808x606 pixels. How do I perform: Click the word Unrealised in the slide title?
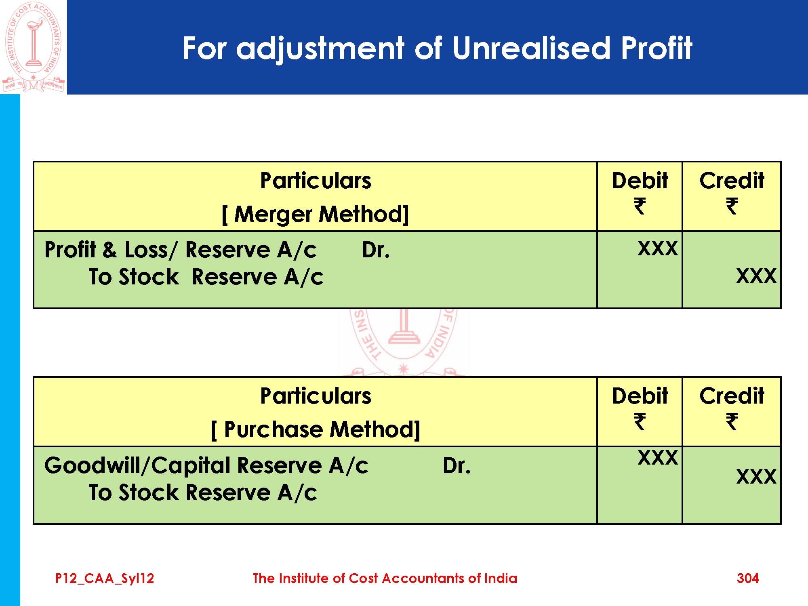click(532, 48)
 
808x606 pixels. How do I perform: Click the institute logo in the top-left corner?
click(33, 47)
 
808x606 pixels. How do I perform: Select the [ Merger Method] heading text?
click(315, 214)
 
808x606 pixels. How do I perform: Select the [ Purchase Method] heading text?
click(316, 429)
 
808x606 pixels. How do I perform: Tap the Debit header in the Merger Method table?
click(640, 181)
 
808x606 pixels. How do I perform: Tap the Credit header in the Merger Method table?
click(732, 181)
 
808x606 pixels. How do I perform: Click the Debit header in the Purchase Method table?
click(640, 396)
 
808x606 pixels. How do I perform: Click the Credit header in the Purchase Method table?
click(732, 396)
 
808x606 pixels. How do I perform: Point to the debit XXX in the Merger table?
click(658, 248)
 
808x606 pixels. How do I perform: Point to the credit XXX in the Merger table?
click(756, 276)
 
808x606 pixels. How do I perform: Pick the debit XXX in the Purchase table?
click(658, 457)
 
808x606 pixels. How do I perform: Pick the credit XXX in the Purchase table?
click(756, 476)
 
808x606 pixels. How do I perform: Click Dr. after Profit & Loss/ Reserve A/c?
click(376, 250)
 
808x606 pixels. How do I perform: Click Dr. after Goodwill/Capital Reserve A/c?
click(457, 465)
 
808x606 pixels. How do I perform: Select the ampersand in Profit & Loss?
click(109, 250)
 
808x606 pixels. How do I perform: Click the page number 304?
click(748, 578)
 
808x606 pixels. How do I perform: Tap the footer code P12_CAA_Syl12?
click(105, 579)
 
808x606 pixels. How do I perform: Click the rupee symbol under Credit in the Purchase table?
click(732, 421)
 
